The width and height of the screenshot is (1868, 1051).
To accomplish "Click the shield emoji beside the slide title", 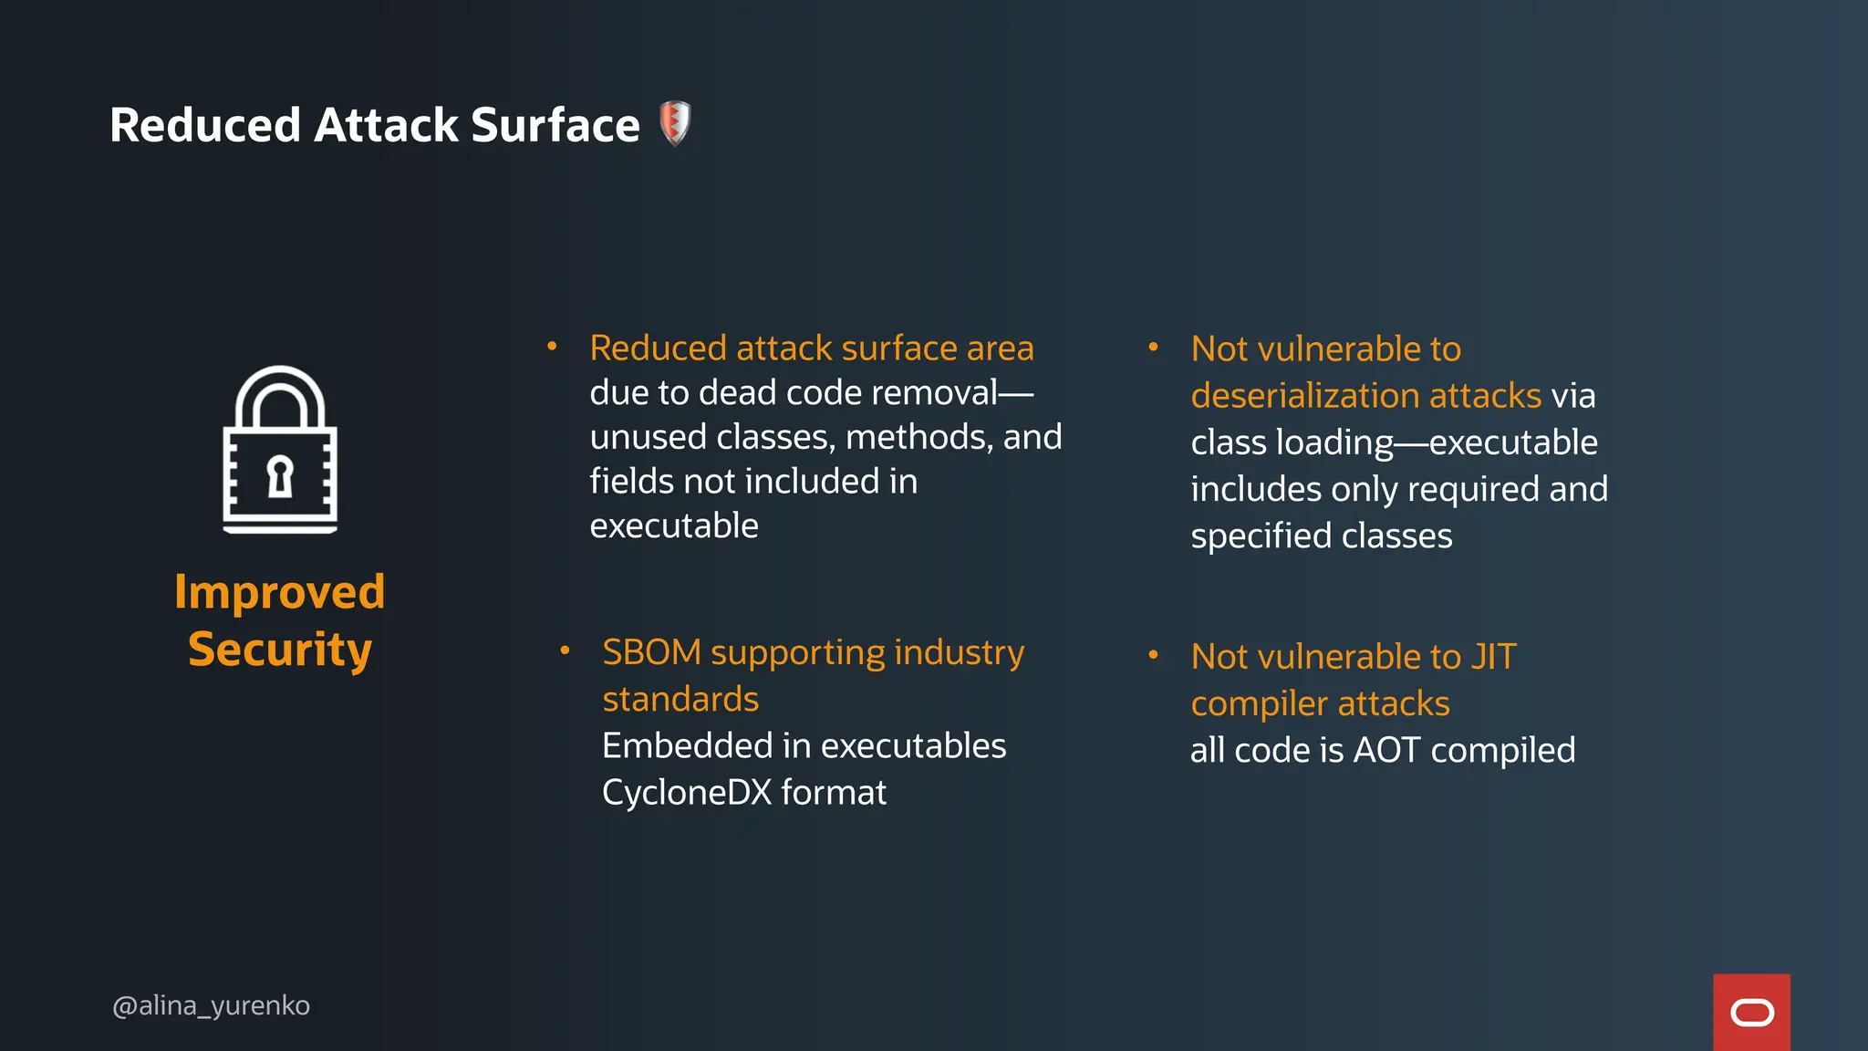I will click(675, 123).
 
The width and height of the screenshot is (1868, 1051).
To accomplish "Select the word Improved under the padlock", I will click(280, 592).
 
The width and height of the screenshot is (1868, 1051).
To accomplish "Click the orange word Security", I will click(280, 650).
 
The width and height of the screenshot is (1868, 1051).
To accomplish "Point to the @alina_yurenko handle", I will click(211, 1005).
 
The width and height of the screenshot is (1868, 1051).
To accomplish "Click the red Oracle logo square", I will click(1751, 1012).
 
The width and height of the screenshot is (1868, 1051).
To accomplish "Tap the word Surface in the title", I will click(555, 125).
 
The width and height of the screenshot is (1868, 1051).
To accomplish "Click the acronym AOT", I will click(1386, 750).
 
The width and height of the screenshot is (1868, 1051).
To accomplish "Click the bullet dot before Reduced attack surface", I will click(552, 347).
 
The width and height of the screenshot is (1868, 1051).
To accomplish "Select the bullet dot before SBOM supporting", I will click(565, 650).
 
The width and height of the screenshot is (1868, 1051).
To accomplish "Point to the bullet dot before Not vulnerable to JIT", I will click(1154, 655).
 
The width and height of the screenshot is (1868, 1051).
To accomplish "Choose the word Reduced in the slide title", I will click(205, 125).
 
